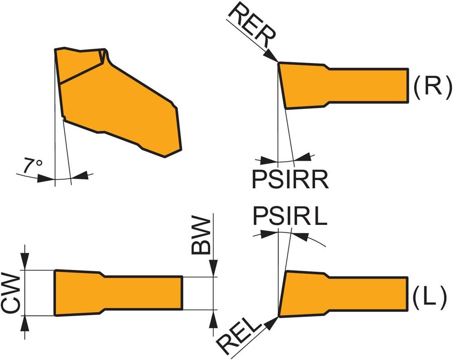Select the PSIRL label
pyautogui.click(x=289, y=216)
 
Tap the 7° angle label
pyautogui.click(x=32, y=166)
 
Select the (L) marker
pyautogui.click(x=431, y=297)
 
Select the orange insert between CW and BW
pyautogui.click(x=118, y=293)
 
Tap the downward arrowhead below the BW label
pyautogui.click(x=212, y=269)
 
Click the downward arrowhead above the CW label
pyautogui.click(x=25, y=263)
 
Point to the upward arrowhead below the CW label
pyautogui.click(x=25, y=322)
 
